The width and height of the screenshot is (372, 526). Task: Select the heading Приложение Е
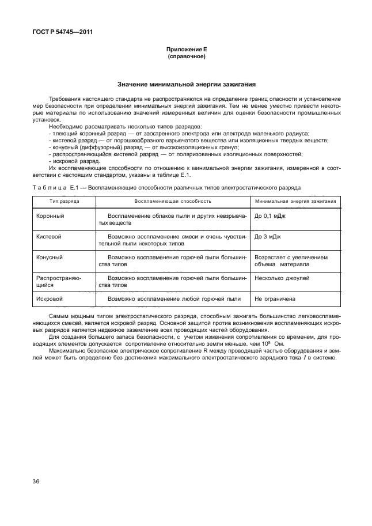tap(185, 50)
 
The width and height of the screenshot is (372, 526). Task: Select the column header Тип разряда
tap(64, 201)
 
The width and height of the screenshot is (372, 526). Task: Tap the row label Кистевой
tap(49, 236)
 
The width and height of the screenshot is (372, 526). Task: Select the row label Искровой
tap(50, 299)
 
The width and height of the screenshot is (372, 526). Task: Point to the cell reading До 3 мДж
tap(268, 236)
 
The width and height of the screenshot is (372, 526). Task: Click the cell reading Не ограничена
tap(275, 299)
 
